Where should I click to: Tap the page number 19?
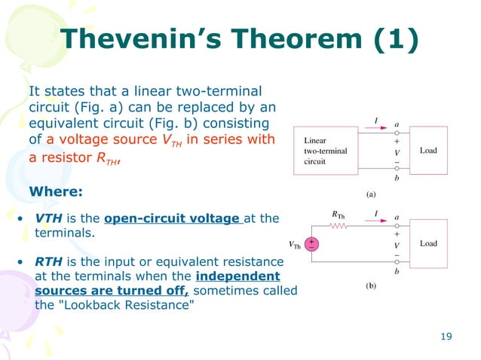click(445, 336)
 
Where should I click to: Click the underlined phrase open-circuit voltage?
click(173, 219)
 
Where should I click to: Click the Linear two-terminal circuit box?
click(326, 151)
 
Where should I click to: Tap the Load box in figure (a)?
click(428, 151)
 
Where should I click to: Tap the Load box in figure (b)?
click(428, 243)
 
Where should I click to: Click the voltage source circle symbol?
click(311, 244)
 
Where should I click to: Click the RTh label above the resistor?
click(339, 214)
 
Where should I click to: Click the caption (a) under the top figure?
click(371, 194)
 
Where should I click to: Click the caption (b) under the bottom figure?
click(371, 285)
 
